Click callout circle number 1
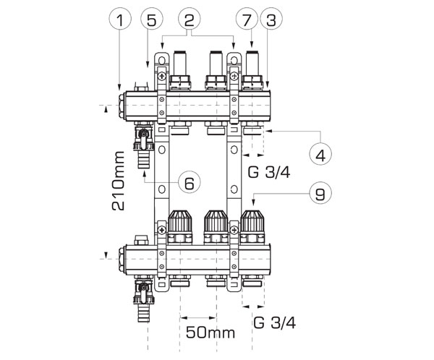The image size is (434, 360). point(120,19)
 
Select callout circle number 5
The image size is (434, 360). point(152,19)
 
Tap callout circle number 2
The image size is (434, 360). point(190,19)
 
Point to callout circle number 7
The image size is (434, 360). point(247,19)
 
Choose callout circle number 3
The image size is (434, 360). point(271,19)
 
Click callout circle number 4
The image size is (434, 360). point(320,154)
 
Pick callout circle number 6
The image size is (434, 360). point(190,182)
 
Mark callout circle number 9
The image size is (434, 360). point(320,193)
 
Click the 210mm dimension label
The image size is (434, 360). point(118,181)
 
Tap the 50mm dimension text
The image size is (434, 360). point(210,333)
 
